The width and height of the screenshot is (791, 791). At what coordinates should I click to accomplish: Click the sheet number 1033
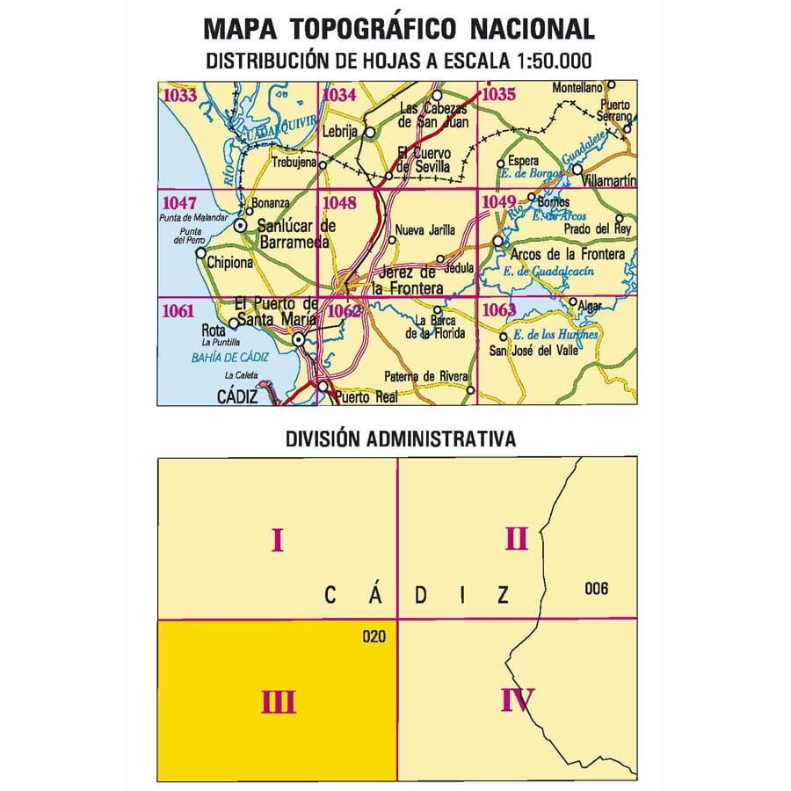point(180,96)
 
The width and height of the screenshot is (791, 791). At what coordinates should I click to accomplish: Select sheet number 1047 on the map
point(179,204)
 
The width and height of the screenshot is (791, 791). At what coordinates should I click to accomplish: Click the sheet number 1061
point(179,310)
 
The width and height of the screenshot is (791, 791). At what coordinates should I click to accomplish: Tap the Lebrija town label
point(340,131)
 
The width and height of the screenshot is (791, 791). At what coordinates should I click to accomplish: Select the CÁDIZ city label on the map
point(237,397)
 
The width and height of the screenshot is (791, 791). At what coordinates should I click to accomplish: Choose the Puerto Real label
point(366,396)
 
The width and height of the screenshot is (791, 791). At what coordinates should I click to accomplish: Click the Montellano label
point(577,88)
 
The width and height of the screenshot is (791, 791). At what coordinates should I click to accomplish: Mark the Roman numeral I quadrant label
point(277,539)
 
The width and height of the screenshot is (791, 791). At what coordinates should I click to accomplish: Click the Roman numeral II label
point(516,538)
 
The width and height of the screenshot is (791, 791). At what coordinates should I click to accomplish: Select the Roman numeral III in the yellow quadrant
point(278,701)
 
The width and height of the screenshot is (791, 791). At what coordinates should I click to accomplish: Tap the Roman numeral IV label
point(517,700)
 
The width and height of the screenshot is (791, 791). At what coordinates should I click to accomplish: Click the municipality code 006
point(595,589)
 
